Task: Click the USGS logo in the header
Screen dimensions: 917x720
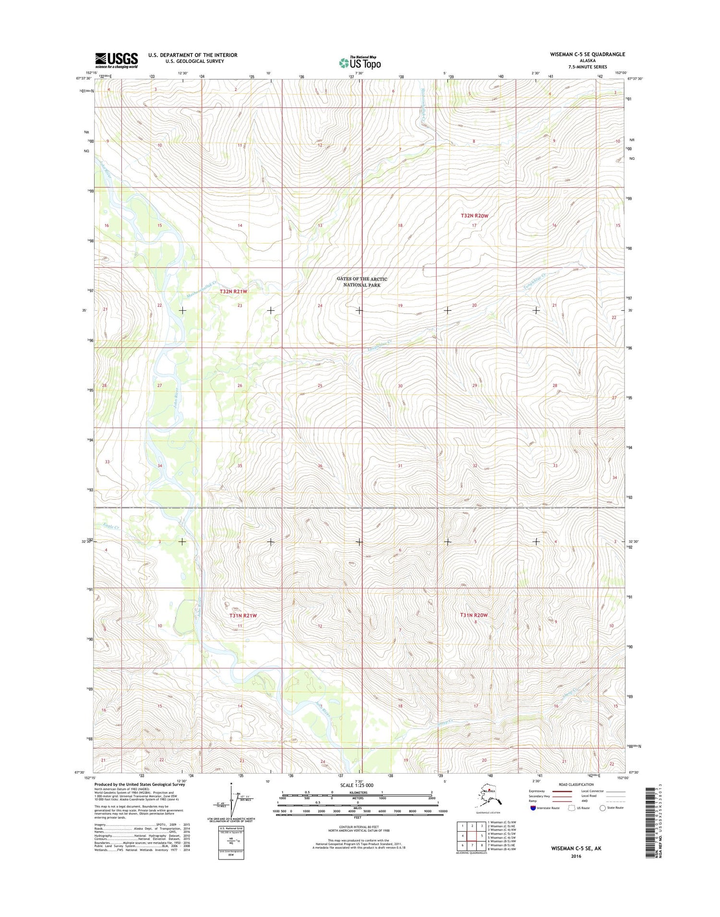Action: (x=116, y=60)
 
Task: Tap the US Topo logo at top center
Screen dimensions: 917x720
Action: (x=360, y=63)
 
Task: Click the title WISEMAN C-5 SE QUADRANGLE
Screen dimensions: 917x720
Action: (x=587, y=55)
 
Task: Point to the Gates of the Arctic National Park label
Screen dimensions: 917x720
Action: (x=361, y=282)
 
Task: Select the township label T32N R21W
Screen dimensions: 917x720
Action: (x=234, y=292)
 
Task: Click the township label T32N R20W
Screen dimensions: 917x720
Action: (x=474, y=216)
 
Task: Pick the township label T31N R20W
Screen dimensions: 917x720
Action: (x=474, y=615)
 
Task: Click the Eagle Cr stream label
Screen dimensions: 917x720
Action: (x=111, y=526)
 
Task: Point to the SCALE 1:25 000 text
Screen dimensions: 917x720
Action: (x=356, y=785)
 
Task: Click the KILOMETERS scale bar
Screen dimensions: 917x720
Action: (x=357, y=796)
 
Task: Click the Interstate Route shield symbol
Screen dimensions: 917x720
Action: (x=533, y=808)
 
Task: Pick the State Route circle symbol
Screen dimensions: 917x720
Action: (x=602, y=808)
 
